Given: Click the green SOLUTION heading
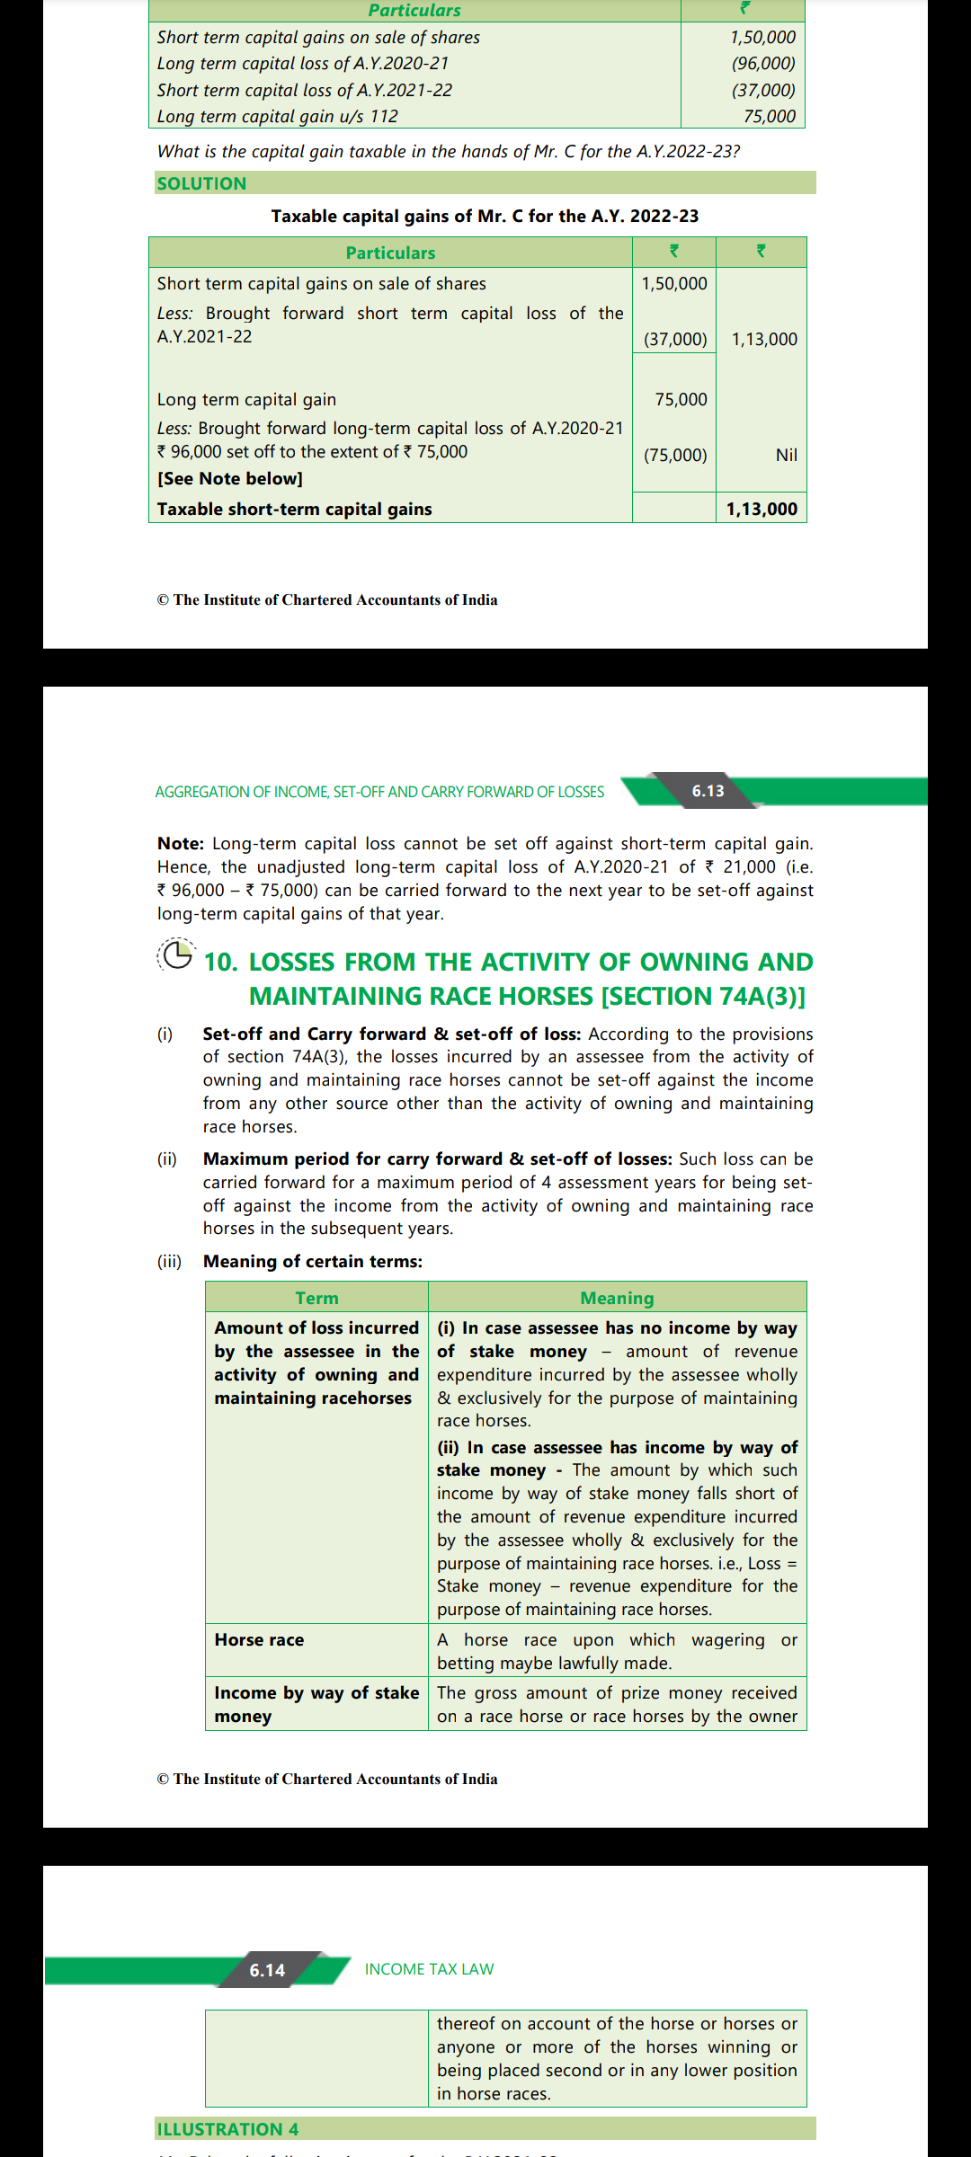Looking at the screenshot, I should tap(201, 183).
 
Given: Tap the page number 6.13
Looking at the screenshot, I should tap(708, 791).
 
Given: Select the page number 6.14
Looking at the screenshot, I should tap(267, 1970).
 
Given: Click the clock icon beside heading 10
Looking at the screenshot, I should tap(176, 954).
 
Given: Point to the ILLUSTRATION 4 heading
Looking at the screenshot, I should tap(227, 2129).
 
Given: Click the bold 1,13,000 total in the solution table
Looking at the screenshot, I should tap(762, 509).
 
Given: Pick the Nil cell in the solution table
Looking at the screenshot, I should tap(786, 455).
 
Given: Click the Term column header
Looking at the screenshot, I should tap(316, 1298).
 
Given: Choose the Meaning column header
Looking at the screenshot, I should tap(617, 1298).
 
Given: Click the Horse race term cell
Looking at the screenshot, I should tap(259, 1639).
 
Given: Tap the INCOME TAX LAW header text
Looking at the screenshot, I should tap(429, 1969).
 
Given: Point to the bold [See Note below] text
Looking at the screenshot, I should tap(230, 478).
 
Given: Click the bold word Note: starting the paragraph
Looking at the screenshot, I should tap(181, 843).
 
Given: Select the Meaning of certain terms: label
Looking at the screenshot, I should tap(312, 1261).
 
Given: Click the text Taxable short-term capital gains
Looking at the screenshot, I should tap(294, 509).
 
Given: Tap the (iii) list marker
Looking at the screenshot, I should tap(169, 1261).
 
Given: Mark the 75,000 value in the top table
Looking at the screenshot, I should tap(769, 116).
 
